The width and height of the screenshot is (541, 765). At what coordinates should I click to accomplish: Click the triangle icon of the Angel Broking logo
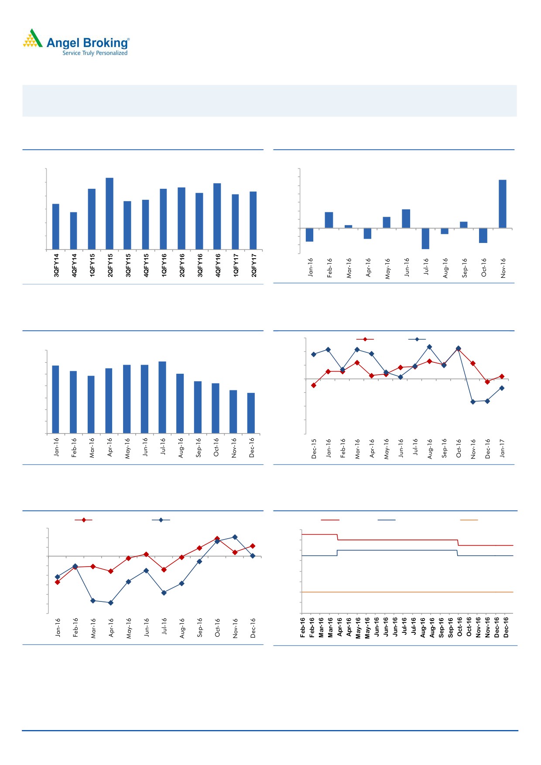pos(33,38)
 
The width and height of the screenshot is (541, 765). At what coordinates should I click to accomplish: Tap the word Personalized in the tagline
pos(112,53)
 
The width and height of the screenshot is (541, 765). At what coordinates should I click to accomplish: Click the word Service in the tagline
pos(72,53)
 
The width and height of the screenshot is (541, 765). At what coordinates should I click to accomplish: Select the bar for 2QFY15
pos(110,213)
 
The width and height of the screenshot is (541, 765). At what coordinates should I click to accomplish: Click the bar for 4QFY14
pos(74,230)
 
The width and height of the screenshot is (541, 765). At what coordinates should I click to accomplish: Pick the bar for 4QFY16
pos(217,216)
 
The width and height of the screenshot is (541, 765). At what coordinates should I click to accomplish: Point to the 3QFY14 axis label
pos(56,265)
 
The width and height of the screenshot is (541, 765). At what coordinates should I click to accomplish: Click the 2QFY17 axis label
pos(253,265)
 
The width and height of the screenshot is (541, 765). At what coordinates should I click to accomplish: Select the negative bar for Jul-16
pos(425,238)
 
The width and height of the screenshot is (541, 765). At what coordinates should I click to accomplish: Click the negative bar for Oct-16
pos(483,235)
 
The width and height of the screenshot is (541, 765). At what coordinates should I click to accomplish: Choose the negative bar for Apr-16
pos(368,233)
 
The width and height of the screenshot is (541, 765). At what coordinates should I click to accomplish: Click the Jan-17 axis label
pos(502,448)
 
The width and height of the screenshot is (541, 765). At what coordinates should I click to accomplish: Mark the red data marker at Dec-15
pos(314,385)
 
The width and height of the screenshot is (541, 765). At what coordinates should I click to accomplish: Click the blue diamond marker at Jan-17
pos(502,388)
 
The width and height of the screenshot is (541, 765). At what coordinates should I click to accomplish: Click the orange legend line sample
pos(469,520)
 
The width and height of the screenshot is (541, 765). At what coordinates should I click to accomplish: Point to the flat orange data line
pos(406,592)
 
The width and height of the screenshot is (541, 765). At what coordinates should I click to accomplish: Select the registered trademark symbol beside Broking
pos(128,39)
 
